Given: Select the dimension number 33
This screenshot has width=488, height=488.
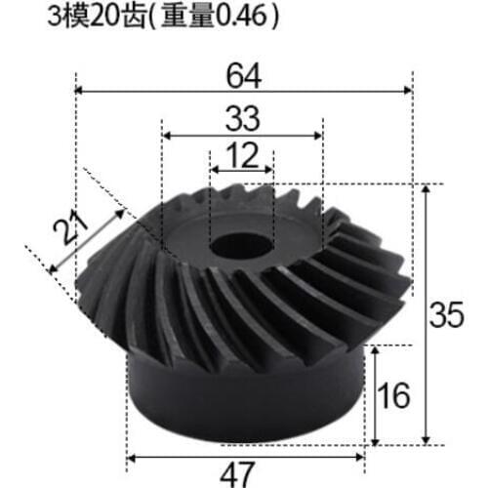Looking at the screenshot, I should [241, 118].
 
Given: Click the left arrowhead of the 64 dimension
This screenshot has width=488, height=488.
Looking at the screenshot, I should [81, 91].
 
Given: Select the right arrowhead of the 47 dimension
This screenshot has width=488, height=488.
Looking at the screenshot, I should [364, 455].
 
